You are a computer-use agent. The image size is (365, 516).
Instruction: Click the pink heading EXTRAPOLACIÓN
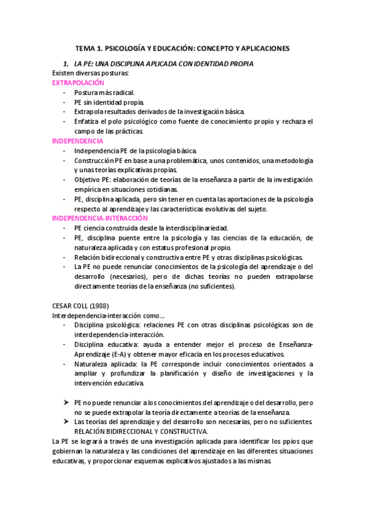[78, 82]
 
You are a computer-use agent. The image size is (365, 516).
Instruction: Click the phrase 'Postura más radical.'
[108, 92]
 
